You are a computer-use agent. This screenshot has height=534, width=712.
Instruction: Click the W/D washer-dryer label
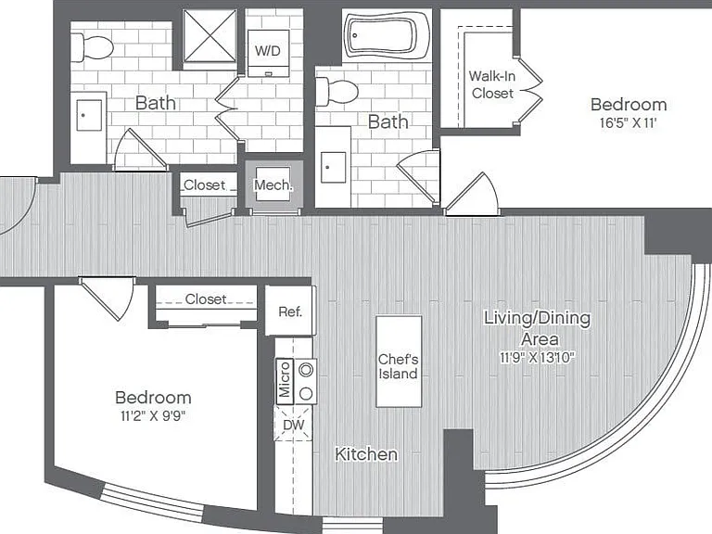click(268, 50)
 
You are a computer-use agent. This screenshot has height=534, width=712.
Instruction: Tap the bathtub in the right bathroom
click(387, 35)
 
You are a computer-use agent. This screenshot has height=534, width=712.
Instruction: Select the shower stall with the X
click(210, 36)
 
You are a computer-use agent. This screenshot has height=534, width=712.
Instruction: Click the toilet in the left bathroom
click(92, 46)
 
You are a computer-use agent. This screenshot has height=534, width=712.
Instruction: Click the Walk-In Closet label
click(492, 84)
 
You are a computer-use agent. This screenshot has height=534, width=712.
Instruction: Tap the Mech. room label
click(273, 184)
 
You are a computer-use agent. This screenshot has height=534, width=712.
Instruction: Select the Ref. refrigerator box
click(290, 311)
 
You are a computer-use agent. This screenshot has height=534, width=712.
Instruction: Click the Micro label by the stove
click(285, 379)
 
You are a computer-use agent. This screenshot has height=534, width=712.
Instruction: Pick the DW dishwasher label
click(293, 425)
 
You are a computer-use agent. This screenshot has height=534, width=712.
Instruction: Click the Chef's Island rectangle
click(399, 362)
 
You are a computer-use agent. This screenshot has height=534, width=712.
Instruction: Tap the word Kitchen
click(366, 454)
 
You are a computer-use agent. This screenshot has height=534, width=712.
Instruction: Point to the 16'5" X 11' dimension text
click(628, 122)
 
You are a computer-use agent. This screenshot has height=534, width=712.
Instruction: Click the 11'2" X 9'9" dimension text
click(154, 415)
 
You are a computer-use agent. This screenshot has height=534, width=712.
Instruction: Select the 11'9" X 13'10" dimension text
click(537, 357)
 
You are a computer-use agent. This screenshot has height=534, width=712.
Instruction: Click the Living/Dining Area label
click(538, 328)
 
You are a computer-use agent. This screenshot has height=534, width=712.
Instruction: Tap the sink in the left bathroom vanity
click(89, 115)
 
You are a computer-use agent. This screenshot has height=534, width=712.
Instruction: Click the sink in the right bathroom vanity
click(333, 167)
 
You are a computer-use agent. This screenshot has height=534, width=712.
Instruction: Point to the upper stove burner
click(307, 370)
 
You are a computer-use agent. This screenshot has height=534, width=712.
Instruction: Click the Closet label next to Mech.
click(204, 184)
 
